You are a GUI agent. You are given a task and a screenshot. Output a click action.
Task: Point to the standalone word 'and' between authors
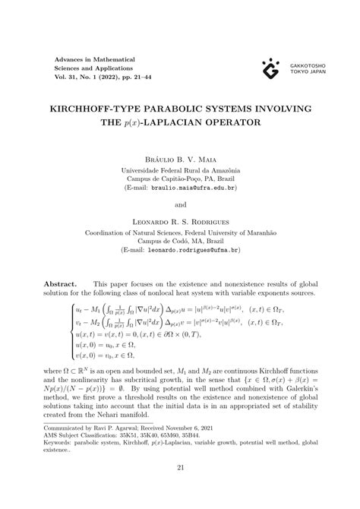point(180,204)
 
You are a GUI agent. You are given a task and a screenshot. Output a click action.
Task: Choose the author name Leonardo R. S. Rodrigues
point(180,223)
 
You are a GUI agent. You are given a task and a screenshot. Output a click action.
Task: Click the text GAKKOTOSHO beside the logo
point(306,65)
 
